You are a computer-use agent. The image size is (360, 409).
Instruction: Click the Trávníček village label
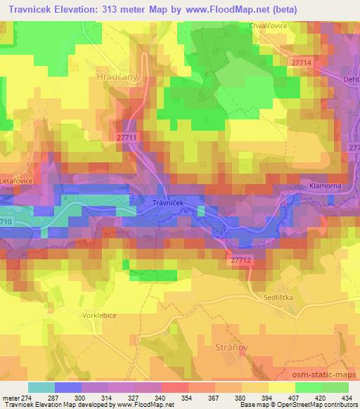[x=148, y=202]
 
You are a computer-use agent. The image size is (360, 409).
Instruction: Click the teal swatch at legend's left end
[x=41, y=387]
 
